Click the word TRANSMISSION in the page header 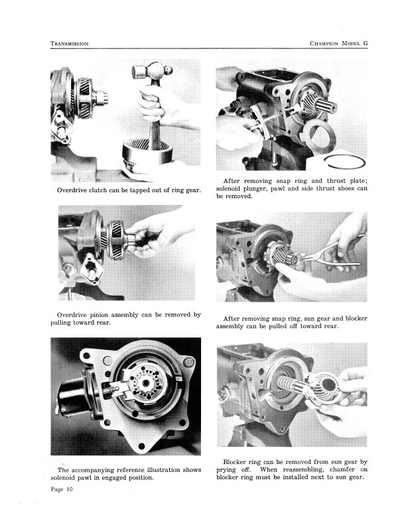click(70, 44)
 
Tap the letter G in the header click(365, 43)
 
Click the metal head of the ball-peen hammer click(152, 71)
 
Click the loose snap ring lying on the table click(345, 162)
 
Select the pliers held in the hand click(332, 255)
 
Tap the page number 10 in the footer click(69, 489)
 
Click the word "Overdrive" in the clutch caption click(72, 190)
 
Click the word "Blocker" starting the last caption click(235, 462)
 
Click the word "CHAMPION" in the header click(324, 44)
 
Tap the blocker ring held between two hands click(325, 388)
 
